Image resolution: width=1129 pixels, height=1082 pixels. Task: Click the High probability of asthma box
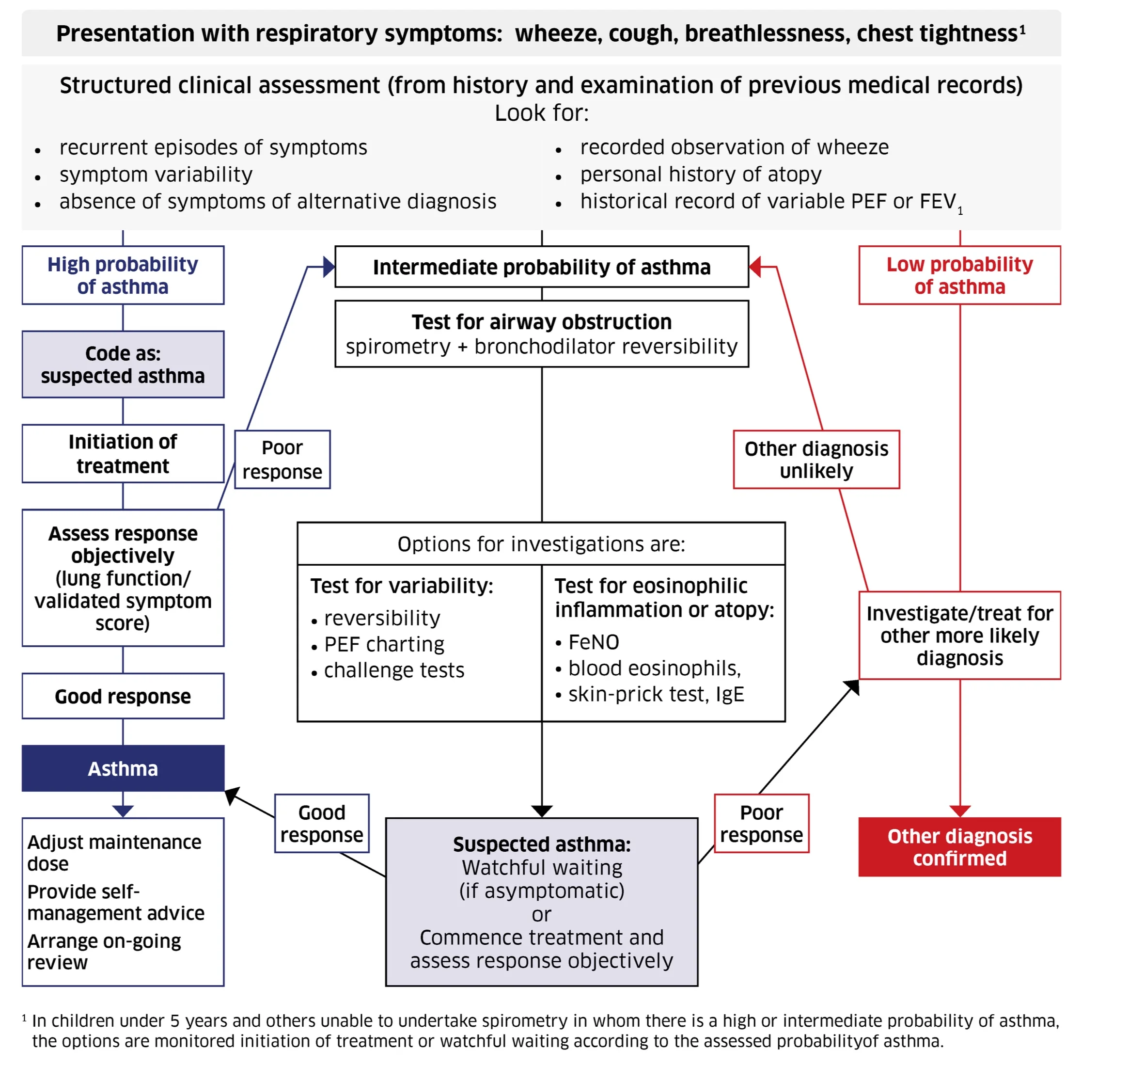pyautogui.click(x=123, y=275)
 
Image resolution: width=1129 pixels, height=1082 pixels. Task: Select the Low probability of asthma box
pyautogui.click(x=959, y=275)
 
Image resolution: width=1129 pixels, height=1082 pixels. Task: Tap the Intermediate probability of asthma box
pyautogui.click(x=541, y=267)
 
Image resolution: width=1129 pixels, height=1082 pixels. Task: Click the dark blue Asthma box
pyautogui.click(x=123, y=768)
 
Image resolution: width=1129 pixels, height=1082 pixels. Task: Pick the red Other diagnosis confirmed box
pyautogui.click(x=959, y=846)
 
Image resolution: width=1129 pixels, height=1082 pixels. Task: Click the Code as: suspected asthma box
pyautogui.click(x=123, y=364)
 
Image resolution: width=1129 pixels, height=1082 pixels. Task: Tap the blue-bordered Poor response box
pyautogui.click(x=282, y=459)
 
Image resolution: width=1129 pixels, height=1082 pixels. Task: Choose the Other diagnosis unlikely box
pyautogui.click(x=815, y=459)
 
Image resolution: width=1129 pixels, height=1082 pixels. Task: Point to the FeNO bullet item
pyautogui.click(x=593, y=642)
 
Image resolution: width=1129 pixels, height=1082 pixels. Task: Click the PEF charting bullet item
pyautogui.click(x=384, y=644)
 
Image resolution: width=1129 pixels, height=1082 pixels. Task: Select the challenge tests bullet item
pyautogui.click(x=394, y=670)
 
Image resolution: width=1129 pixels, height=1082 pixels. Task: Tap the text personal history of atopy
pyautogui.click(x=701, y=174)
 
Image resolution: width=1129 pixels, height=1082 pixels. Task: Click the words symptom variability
pyautogui.click(x=156, y=174)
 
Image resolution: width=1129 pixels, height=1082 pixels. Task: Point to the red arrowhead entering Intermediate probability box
pyautogui.click(x=755, y=267)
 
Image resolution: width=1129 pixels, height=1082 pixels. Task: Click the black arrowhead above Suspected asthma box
pyautogui.click(x=541, y=811)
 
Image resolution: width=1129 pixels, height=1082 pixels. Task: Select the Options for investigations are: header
pyautogui.click(x=541, y=544)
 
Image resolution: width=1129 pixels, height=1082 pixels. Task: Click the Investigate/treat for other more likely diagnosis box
pyautogui.click(x=959, y=635)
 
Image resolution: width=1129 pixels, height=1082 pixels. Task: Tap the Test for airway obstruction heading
pyautogui.click(x=541, y=321)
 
